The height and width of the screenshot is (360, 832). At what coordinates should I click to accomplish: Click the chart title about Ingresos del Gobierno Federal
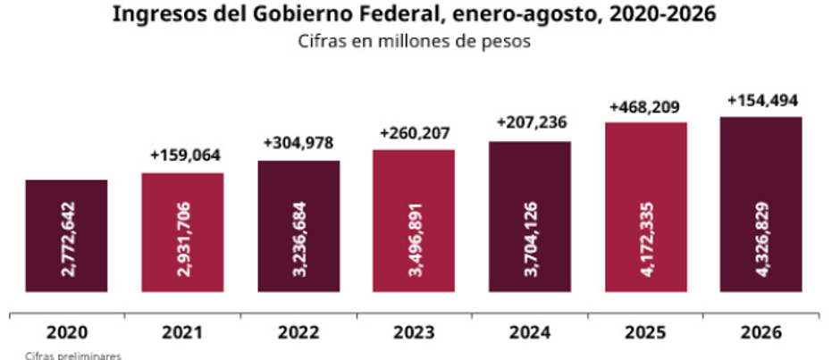coord(415,14)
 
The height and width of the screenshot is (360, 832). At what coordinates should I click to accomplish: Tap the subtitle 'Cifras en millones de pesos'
coord(415,41)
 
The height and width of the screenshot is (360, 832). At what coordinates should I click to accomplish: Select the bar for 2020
coord(66,236)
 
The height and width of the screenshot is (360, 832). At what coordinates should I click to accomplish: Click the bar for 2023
coord(414,221)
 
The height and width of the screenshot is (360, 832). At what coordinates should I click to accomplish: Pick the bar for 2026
coord(761,205)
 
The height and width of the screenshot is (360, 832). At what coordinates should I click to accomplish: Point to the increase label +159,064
coord(185,155)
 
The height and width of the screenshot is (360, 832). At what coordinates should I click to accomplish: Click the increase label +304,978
coord(298,143)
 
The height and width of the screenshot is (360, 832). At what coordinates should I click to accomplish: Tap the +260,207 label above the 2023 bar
coord(415,132)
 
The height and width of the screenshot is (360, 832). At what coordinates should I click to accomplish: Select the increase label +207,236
coord(532,123)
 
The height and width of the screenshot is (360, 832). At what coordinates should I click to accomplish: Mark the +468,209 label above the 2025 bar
coord(644,107)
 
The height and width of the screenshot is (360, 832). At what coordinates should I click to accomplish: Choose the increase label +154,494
coord(763,101)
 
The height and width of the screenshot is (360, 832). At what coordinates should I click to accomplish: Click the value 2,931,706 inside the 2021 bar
coord(182,239)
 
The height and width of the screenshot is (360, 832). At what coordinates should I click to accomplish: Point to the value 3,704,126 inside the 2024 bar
coord(530,239)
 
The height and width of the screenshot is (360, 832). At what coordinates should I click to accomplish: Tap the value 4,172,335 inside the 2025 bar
coord(646,239)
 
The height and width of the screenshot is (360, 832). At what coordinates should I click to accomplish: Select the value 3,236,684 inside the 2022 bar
coord(298,239)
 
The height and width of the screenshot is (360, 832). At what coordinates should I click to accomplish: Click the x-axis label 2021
coord(182,333)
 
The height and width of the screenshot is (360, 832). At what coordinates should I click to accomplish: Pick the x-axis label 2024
coord(530,333)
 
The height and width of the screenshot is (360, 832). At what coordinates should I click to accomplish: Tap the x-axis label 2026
coord(762,333)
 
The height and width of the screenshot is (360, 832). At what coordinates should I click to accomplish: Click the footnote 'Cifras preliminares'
coord(73,356)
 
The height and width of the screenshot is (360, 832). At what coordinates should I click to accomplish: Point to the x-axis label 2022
coord(298,333)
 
